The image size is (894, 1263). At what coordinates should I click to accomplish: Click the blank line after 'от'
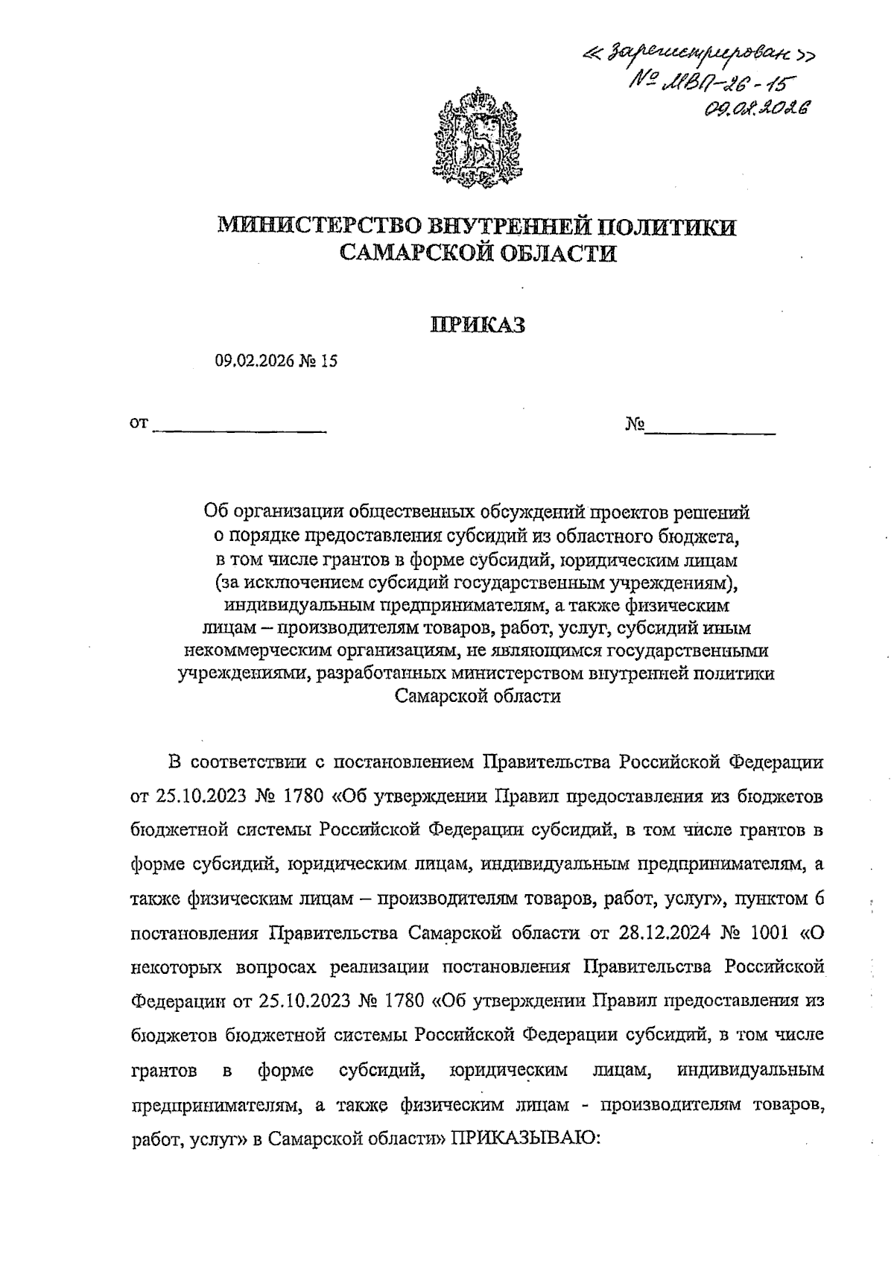tap(239, 426)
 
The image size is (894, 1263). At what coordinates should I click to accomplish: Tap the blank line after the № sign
tap(710, 427)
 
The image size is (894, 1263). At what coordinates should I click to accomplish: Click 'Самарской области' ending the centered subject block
tap(478, 697)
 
